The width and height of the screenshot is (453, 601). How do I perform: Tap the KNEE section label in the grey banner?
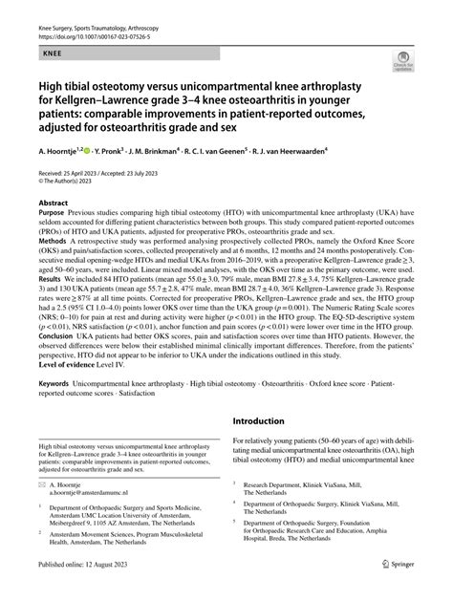click(53, 43)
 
